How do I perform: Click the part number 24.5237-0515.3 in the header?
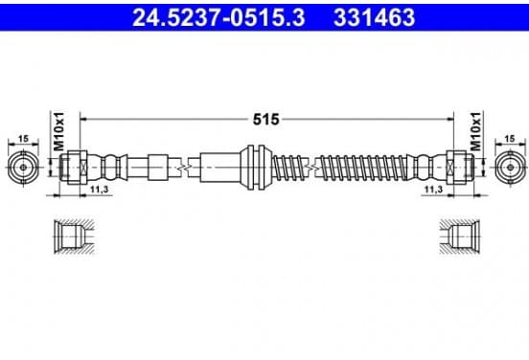218,17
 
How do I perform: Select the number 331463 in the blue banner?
374,17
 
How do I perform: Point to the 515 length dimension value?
266,120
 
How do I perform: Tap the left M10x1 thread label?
58,131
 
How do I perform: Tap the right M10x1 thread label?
475,131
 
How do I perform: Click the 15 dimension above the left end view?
23,138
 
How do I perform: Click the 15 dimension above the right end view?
510,138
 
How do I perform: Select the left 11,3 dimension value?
99,190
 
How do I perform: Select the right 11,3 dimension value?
433,190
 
